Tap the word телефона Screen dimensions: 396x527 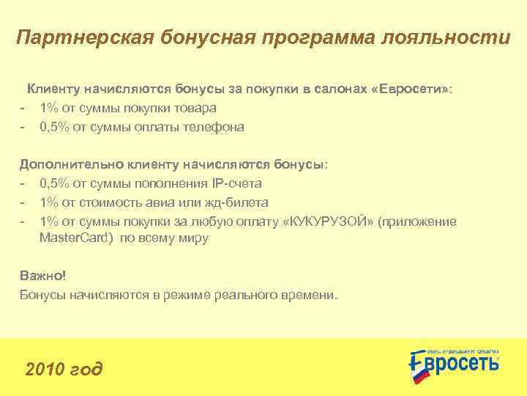215,127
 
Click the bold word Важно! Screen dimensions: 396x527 43,276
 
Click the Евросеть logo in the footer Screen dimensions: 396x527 453,362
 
